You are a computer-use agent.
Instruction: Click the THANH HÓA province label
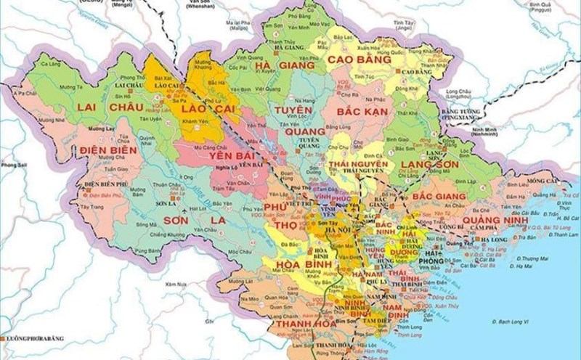294,326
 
